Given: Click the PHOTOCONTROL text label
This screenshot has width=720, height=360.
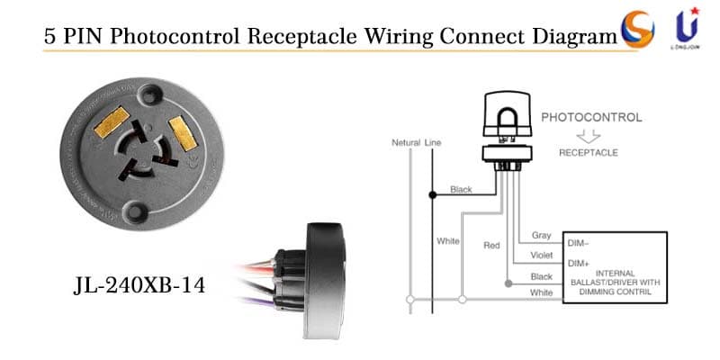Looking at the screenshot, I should tap(591, 118).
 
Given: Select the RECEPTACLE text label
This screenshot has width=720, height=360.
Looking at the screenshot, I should tap(588, 153).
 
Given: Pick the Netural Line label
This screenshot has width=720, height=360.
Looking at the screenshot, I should tap(416, 143).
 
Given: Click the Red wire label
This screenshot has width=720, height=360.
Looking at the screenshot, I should tap(491, 245).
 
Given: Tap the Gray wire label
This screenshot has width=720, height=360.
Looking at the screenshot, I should tap(541, 236).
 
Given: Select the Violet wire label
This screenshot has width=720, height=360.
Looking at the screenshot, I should tap(541, 256).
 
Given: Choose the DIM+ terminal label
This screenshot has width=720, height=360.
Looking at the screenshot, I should tap(578, 263).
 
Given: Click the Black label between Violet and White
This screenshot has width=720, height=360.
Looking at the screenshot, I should tap(541, 276).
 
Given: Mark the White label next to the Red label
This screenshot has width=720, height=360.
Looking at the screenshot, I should tap(448, 241).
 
